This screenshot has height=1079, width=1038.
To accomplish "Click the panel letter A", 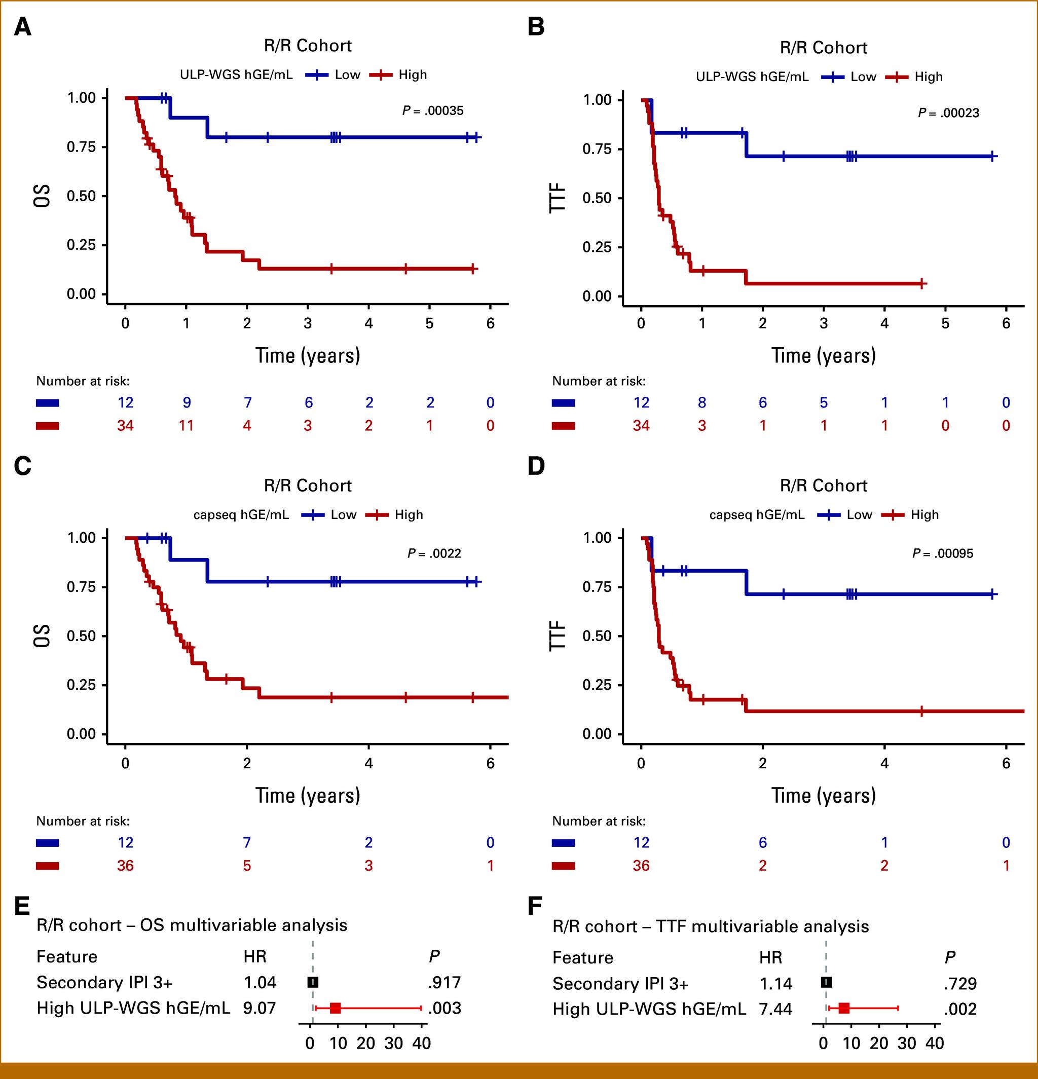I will click(23, 26).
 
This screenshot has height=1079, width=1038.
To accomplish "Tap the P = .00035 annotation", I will click(432, 110).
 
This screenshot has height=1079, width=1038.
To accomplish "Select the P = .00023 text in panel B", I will click(948, 113).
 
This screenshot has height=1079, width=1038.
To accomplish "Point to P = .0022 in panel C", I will click(434, 553).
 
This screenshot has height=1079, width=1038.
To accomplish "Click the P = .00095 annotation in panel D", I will click(943, 553).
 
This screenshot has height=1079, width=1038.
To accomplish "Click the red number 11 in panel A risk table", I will click(186, 426).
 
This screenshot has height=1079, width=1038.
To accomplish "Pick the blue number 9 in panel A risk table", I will click(187, 402).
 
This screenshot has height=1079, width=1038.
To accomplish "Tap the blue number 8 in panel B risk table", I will click(702, 402).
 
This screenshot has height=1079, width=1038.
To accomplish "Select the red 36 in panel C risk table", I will click(125, 866).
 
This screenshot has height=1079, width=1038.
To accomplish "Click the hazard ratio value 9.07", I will click(259, 1008).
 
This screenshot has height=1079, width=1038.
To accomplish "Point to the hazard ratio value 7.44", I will click(775, 1009).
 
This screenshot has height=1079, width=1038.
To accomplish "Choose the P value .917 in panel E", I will click(444, 983).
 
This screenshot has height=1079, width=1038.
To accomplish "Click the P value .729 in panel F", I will click(960, 984).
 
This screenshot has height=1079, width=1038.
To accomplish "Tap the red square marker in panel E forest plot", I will click(336, 1009).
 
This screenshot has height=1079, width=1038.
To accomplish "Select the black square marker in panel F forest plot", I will click(827, 983).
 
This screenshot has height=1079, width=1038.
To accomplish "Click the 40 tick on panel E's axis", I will click(422, 1043).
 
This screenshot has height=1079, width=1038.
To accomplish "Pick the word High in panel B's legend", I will click(929, 77).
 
